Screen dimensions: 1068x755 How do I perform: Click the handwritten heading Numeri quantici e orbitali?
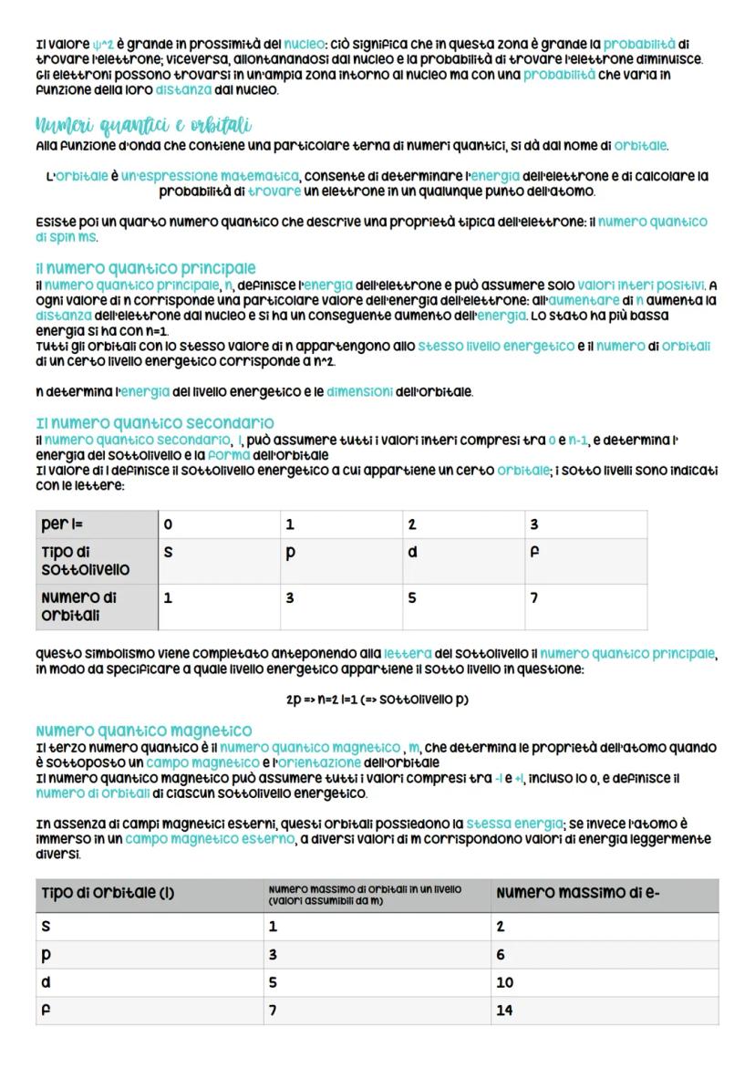[143, 124]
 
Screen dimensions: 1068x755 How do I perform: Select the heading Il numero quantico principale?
[146, 268]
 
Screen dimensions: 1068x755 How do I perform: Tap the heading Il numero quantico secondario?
[155, 423]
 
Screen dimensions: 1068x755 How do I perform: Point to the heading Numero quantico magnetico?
[144, 731]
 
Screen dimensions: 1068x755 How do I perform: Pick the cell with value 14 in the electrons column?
[505, 1011]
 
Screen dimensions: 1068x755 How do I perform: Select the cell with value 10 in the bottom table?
[505, 982]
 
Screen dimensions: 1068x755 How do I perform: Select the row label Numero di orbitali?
[85, 607]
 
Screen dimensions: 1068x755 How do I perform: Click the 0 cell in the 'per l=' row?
[168, 524]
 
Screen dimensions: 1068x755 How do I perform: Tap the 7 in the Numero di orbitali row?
[534, 598]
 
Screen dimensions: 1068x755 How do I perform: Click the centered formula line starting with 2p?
[377, 700]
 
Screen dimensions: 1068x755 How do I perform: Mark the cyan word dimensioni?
[359, 392]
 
